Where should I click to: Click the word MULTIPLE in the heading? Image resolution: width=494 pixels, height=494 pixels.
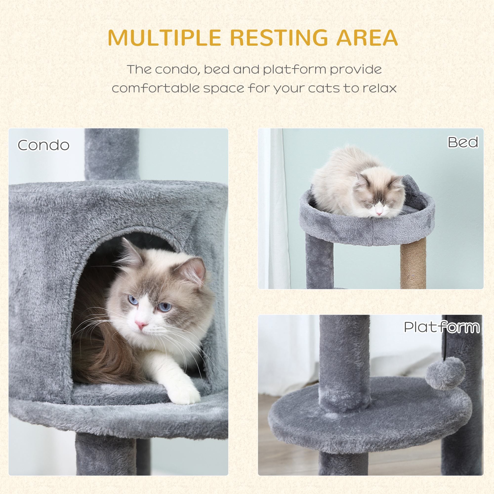(x=164, y=38)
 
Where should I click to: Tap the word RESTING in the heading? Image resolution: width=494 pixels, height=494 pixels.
(x=278, y=38)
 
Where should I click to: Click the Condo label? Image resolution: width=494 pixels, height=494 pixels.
(x=43, y=145)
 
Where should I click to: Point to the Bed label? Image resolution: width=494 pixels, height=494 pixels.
(x=463, y=142)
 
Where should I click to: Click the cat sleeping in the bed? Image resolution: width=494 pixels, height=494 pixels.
(x=358, y=184)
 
